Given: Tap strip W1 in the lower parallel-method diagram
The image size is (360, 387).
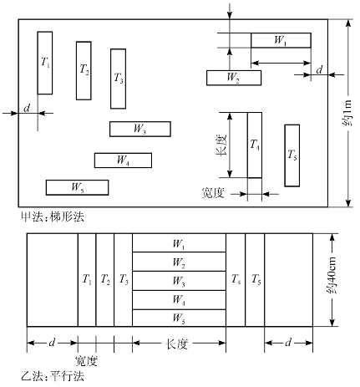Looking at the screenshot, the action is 179,243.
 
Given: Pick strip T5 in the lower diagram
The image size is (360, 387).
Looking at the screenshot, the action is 255,280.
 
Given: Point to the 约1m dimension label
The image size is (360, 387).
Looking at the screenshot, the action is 347,113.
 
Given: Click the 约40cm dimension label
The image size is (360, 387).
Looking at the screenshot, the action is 332,275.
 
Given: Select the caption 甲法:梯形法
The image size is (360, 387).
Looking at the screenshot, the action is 53,216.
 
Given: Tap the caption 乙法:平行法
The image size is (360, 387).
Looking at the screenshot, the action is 53,377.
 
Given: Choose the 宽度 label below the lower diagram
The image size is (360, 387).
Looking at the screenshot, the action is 86,361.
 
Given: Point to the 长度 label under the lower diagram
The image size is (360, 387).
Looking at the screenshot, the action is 177,344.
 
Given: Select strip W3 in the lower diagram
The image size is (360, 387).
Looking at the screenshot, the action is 179,281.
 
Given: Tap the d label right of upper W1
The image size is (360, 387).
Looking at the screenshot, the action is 319,69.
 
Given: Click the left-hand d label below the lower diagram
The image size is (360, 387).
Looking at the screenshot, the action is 52,342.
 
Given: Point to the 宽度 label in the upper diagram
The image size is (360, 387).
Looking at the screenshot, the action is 213,193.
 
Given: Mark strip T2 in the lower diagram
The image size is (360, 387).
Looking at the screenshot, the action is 105,280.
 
